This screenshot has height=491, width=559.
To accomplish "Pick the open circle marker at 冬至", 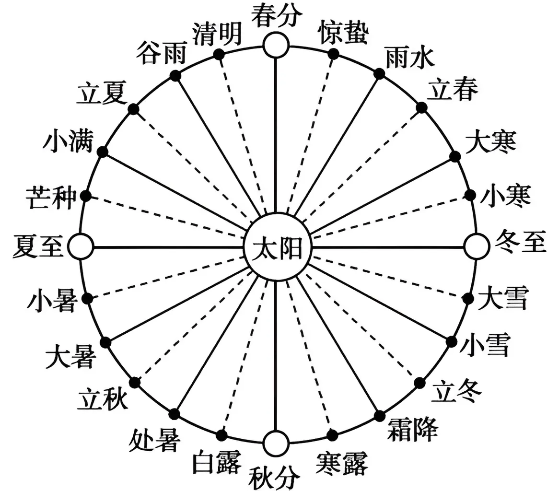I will [476, 247].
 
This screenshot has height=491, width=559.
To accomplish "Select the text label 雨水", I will [410, 59].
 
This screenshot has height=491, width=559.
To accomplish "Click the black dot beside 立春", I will [421, 107].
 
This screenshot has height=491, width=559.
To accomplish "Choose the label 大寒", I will [490, 141].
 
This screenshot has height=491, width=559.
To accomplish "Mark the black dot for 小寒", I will [469, 195].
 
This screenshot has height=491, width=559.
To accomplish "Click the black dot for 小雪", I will [451, 341].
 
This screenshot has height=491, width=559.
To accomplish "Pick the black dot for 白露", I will [221, 435].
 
